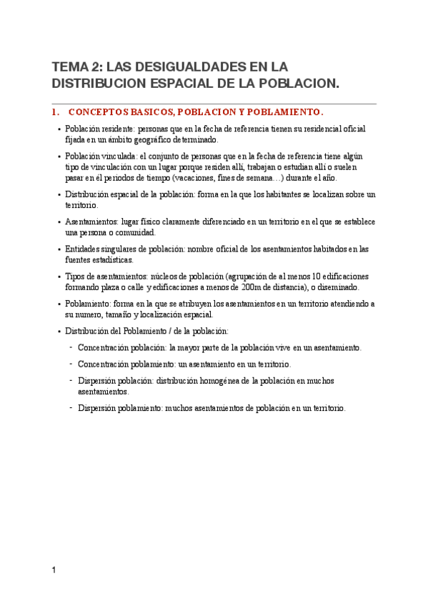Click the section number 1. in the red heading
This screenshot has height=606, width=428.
point(56,112)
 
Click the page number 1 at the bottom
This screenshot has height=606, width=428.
point(54,570)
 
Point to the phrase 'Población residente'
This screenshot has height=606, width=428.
point(99,129)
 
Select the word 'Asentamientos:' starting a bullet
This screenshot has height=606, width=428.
point(94,222)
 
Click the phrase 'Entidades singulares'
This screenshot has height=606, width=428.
point(106,249)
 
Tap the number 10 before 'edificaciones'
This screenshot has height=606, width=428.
point(312,277)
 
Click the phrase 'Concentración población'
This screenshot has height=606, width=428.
point(122,348)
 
